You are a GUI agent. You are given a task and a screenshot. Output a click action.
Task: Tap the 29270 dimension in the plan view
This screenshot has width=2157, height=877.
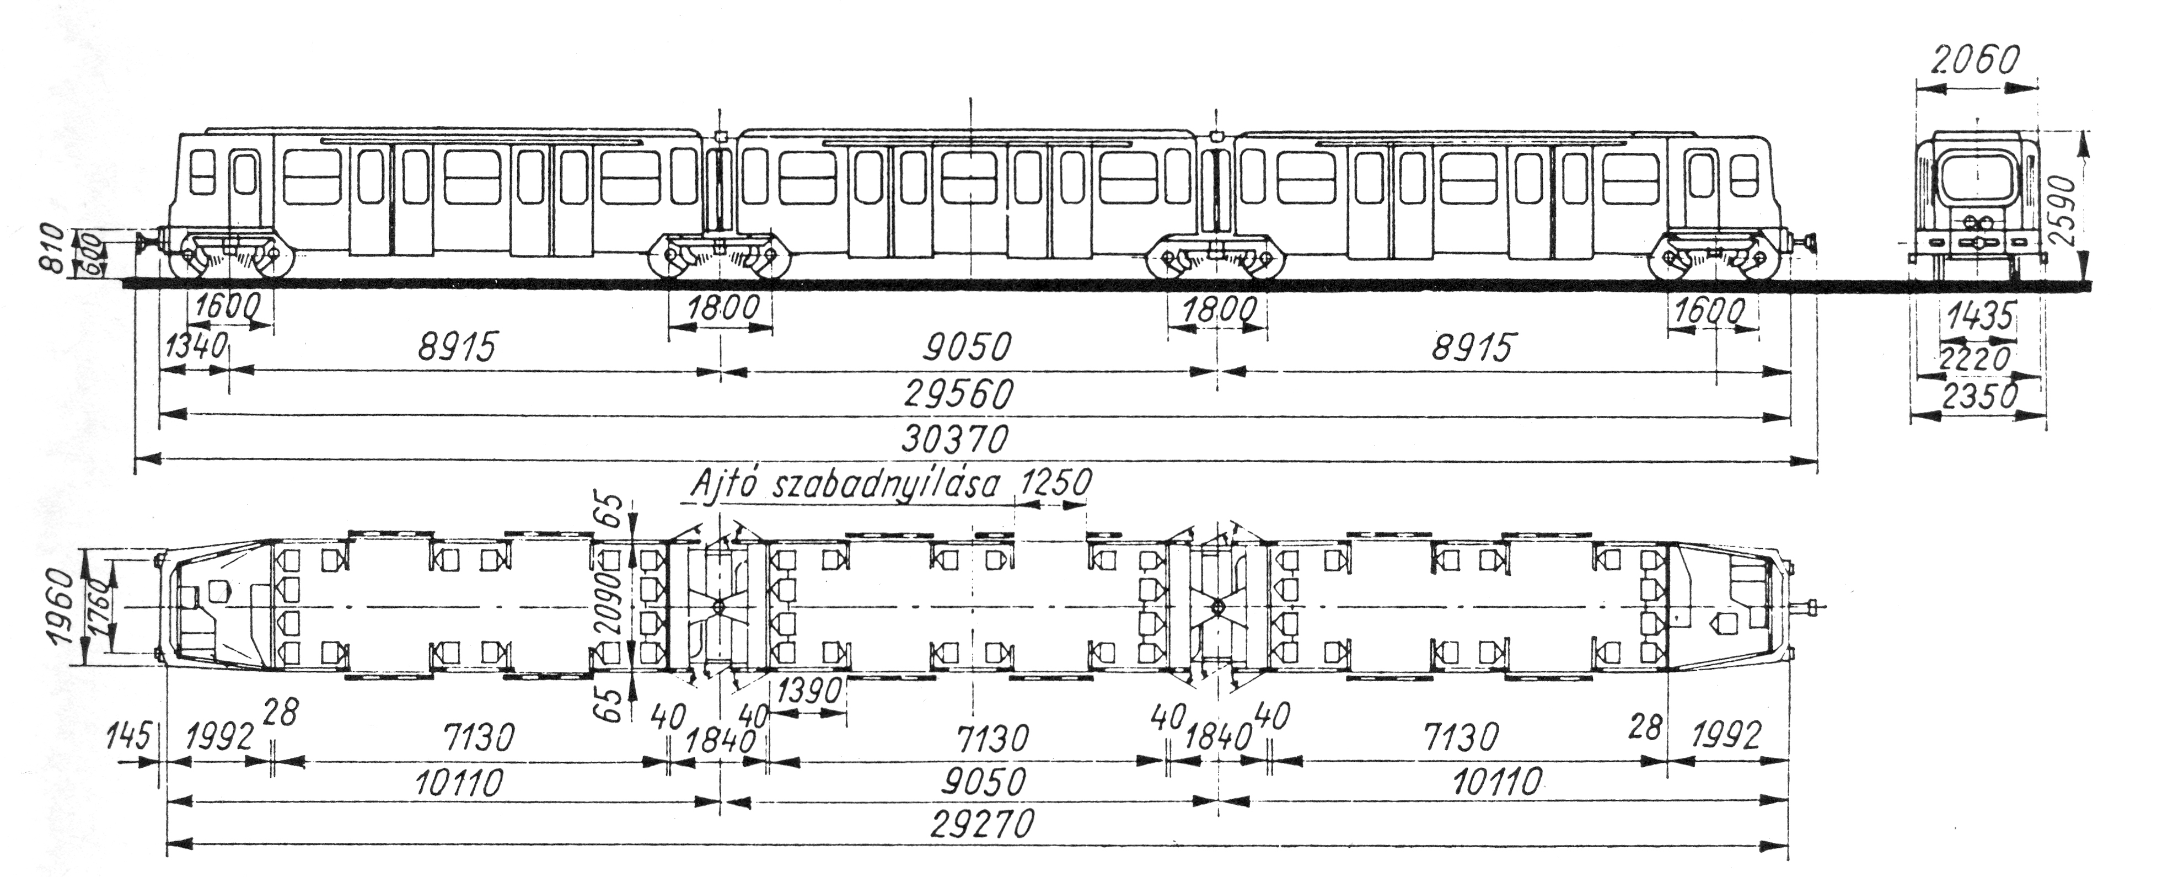tap(980, 826)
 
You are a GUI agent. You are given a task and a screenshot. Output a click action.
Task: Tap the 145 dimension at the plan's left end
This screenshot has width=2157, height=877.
tap(128, 738)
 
